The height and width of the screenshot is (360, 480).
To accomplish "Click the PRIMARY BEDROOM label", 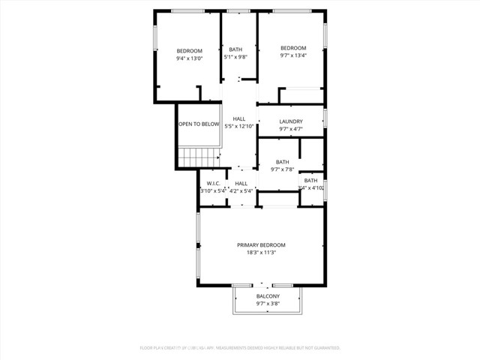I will [261, 245].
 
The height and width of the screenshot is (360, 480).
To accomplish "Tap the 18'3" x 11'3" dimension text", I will [261, 253].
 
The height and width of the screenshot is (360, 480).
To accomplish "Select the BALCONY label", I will [268, 296].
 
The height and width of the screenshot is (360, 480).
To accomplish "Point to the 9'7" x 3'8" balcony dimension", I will [268, 304].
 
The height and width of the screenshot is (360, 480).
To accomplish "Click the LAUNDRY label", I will [291, 121].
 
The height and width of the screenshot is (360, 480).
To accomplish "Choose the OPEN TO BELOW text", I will [199, 124].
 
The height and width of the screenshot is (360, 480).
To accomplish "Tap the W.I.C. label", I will [213, 183].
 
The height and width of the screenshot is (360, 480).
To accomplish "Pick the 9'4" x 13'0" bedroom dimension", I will [190, 58].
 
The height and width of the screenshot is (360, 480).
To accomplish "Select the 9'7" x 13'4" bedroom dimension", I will [294, 55].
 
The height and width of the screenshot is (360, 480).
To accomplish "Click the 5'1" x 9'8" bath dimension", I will [235, 58].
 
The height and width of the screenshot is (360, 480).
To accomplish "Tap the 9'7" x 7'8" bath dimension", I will [282, 169].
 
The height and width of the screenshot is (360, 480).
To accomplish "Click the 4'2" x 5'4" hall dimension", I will [241, 190].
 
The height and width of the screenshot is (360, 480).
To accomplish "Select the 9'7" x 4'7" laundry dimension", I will [291, 129].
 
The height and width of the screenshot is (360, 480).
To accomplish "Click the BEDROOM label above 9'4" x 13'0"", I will [190, 50].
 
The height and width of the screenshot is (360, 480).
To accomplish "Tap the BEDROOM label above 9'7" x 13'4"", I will [294, 48].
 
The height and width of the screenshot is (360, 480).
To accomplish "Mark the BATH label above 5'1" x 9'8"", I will [235, 50].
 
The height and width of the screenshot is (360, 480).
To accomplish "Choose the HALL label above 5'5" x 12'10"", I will [239, 118].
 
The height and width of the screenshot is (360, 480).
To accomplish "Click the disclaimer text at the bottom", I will [240, 348].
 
